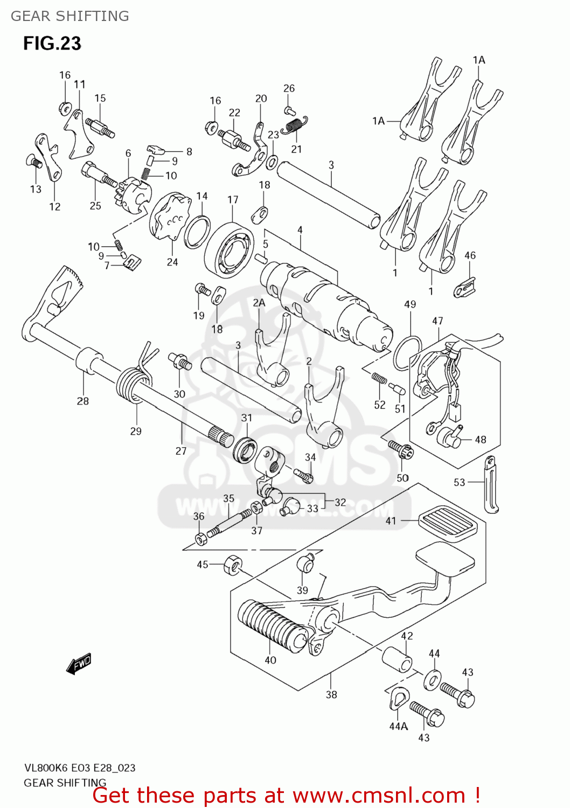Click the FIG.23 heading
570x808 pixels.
click(x=52, y=43)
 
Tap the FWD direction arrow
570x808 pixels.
click(x=79, y=664)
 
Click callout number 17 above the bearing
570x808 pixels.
click(x=233, y=200)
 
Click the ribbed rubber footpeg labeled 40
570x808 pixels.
click(x=272, y=627)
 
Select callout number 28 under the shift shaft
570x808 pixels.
click(x=83, y=401)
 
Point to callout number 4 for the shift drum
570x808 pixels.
click(x=300, y=230)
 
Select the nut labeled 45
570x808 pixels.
click(x=233, y=565)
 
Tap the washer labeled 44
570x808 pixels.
click(x=432, y=680)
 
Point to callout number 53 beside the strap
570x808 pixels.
click(x=459, y=482)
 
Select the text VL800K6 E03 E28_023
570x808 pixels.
click(x=79, y=768)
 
